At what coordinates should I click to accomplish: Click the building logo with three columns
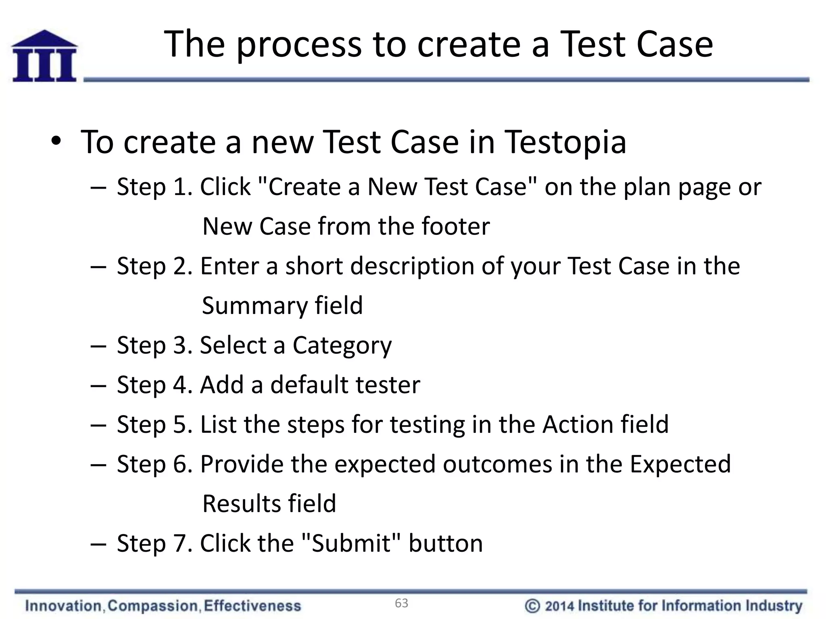tap(44, 56)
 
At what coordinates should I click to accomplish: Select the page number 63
tap(401, 603)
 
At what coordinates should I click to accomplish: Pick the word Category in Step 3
tap(342, 346)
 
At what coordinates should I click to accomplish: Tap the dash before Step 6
tap(98, 465)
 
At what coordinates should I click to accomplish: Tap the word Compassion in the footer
tap(153, 606)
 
